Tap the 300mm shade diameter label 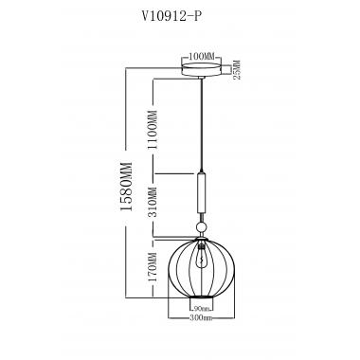point(200,317)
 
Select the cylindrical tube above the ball point(200,194)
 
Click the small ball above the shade point(200,227)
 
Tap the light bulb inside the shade point(200,258)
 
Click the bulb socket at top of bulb point(200,244)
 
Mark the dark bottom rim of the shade point(200,300)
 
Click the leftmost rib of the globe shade point(169,269)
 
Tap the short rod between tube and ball point(200,219)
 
